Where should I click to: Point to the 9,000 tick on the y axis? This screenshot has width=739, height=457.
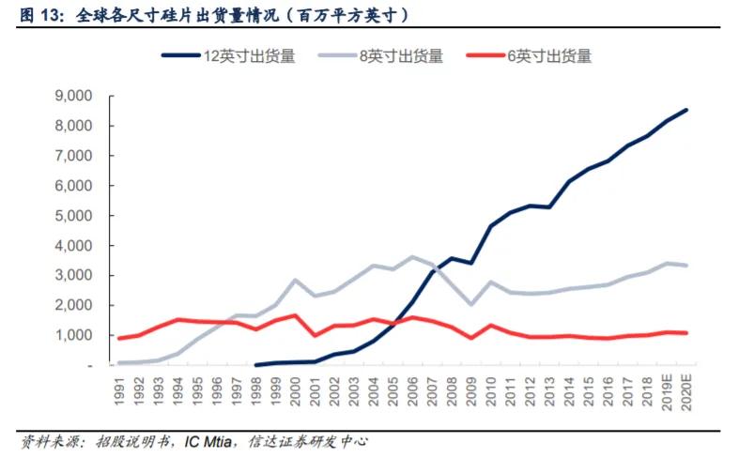click(x=72, y=96)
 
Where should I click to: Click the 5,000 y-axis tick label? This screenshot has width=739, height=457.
click(x=72, y=216)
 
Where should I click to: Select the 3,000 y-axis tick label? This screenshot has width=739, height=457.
click(x=72, y=275)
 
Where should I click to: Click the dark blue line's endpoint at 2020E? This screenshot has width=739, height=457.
click(x=686, y=110)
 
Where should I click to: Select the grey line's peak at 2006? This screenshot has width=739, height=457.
click(x=412, y=256)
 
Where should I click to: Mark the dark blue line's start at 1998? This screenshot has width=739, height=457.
click(x=256, y=364)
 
